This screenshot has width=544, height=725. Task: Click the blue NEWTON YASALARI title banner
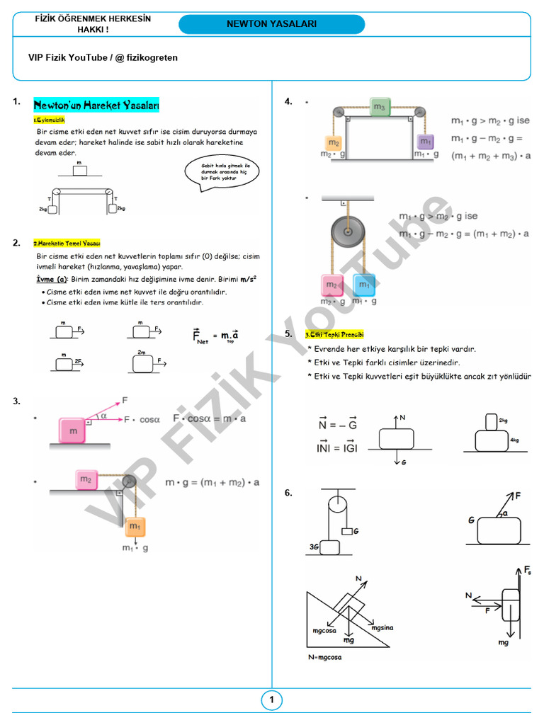click(x=271, y=24)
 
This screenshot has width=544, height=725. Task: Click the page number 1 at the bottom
click(x=271, y=701)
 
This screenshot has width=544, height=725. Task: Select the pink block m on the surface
click(x=73, y=430)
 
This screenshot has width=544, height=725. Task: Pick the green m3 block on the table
click(x=380, y=107)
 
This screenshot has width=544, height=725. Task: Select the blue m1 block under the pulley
click(x=364, y=285)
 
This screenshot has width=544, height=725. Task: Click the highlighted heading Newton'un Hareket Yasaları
click(x=96, y=105)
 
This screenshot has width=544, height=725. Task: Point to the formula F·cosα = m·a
click(x=210, y=418)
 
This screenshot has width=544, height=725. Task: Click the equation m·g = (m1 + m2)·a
click(x=212, y=482)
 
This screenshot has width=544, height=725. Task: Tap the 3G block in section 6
click(x=329, y=546)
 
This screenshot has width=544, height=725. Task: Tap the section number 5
click(x=288, y=333)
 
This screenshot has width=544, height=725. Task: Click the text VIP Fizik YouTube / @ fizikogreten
click(x=103, y=58)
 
